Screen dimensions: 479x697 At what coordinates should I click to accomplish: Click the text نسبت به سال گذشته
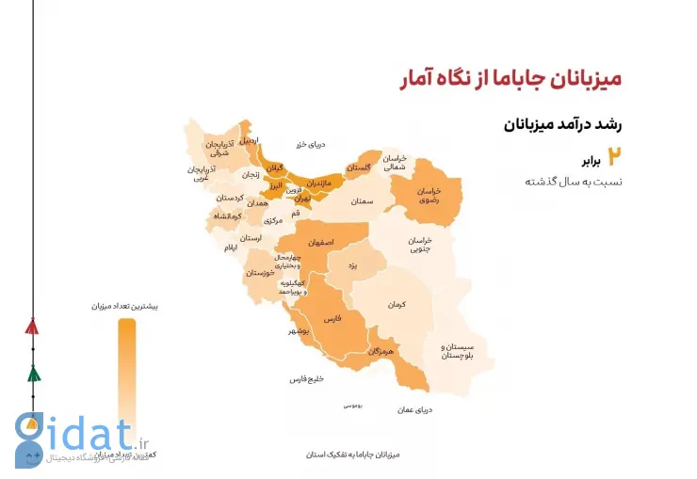574,181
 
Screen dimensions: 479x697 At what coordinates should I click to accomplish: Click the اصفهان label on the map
320,242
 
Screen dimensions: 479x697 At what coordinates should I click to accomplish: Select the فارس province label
332,320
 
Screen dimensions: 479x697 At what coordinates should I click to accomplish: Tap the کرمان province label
396,304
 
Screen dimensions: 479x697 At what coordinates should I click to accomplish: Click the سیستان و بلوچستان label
457,351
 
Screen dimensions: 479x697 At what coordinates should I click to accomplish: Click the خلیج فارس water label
307,379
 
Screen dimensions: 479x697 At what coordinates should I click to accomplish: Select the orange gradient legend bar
126,376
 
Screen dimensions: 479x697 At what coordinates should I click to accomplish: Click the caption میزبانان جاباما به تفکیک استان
353,455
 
